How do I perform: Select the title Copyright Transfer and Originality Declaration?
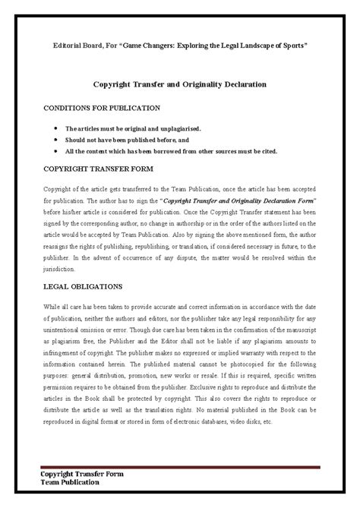[179, 87]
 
